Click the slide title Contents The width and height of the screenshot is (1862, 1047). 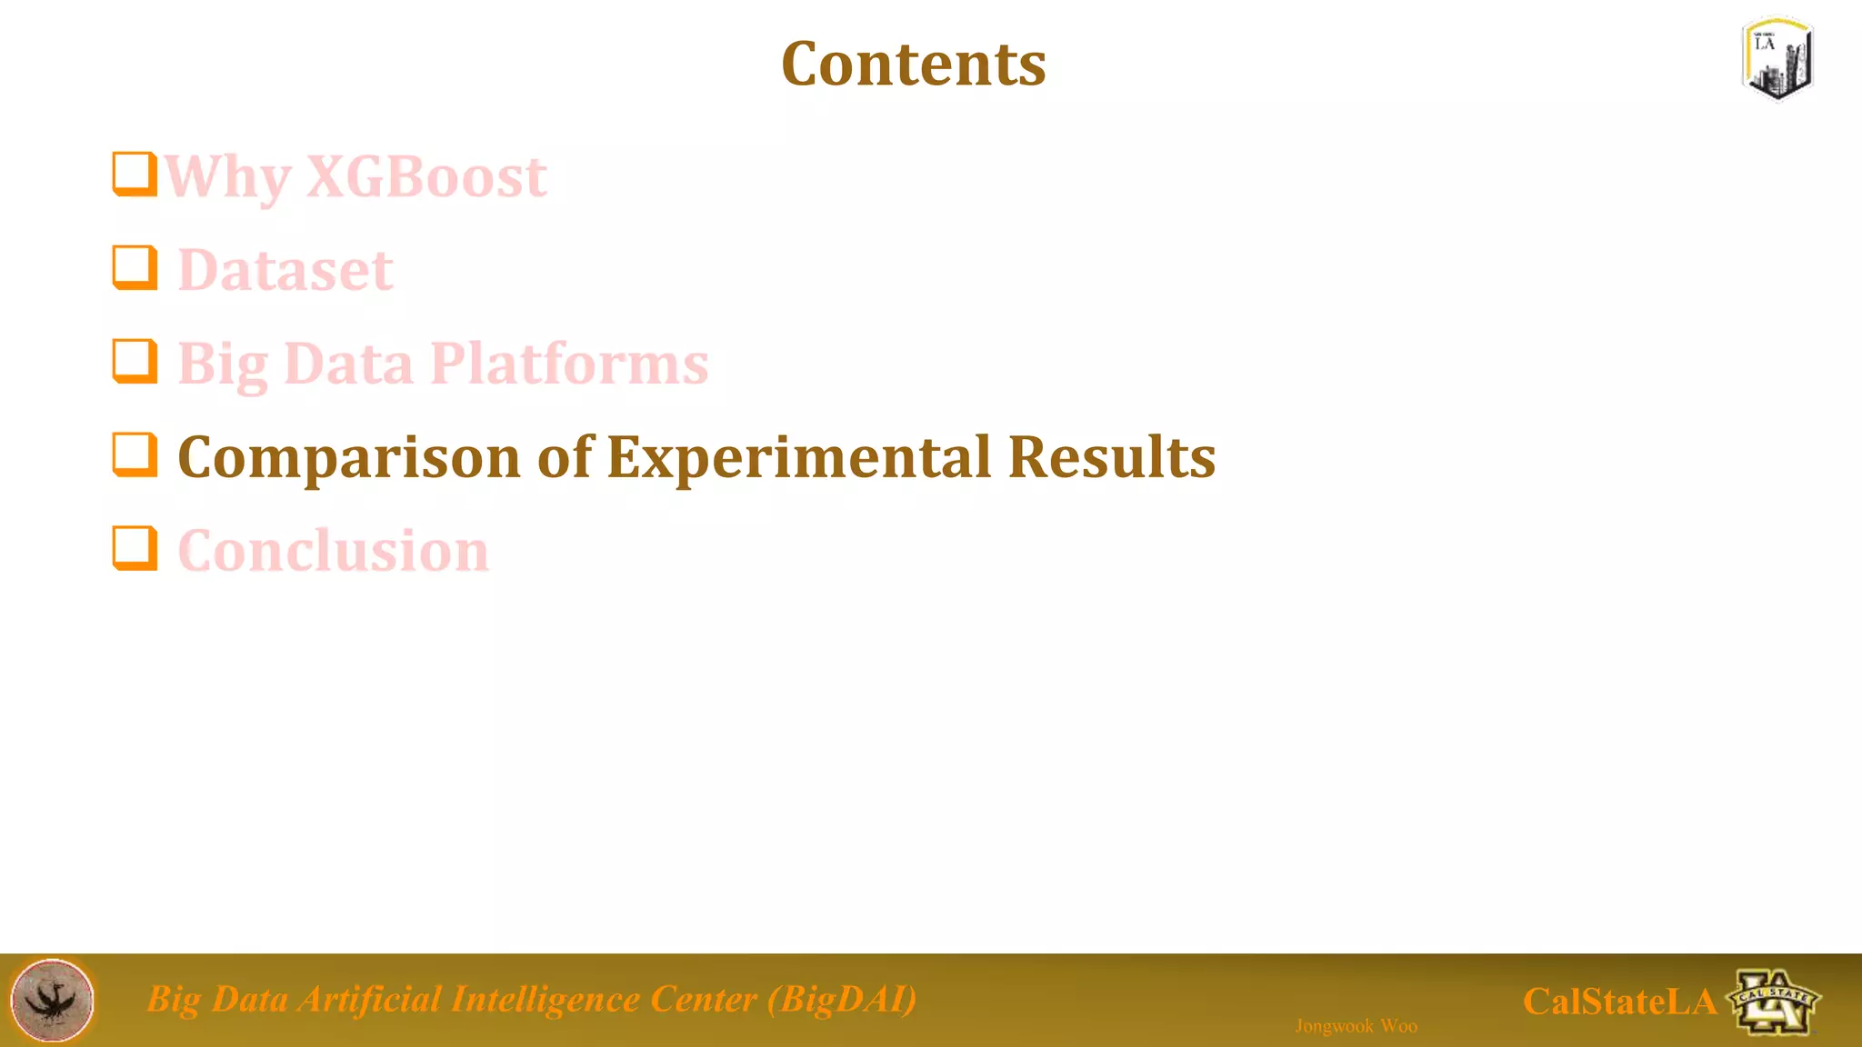(x=913, y=65)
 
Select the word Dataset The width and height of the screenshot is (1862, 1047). (x=285, y=270)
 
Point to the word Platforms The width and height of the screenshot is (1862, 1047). (x=569, y=364)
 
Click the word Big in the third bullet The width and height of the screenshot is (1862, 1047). (x=222, y=364)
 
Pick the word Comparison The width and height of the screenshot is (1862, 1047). (x=349, y=457)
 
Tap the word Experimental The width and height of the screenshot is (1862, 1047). (x=798, y=457)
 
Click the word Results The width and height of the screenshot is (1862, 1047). (x=1111, y=457)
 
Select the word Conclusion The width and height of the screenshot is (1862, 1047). (x=333, y=551)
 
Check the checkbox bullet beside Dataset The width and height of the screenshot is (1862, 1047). (x=135, y=267)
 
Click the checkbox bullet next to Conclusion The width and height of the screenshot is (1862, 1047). (x=135, y=548)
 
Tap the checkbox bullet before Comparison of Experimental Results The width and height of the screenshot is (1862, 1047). (x=135, y=454)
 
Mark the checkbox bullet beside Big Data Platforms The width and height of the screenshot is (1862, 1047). (x=135, y=361)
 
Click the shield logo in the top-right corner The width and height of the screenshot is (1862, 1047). (x=1777, y=58)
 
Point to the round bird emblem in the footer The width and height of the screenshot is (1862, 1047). (x=52, y=1000)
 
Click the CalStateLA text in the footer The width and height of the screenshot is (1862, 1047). (x=1619, y=1002)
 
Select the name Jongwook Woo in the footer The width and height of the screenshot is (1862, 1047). (x=1356, y=1026)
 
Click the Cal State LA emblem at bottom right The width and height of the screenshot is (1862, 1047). (x=1773, y=1002)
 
